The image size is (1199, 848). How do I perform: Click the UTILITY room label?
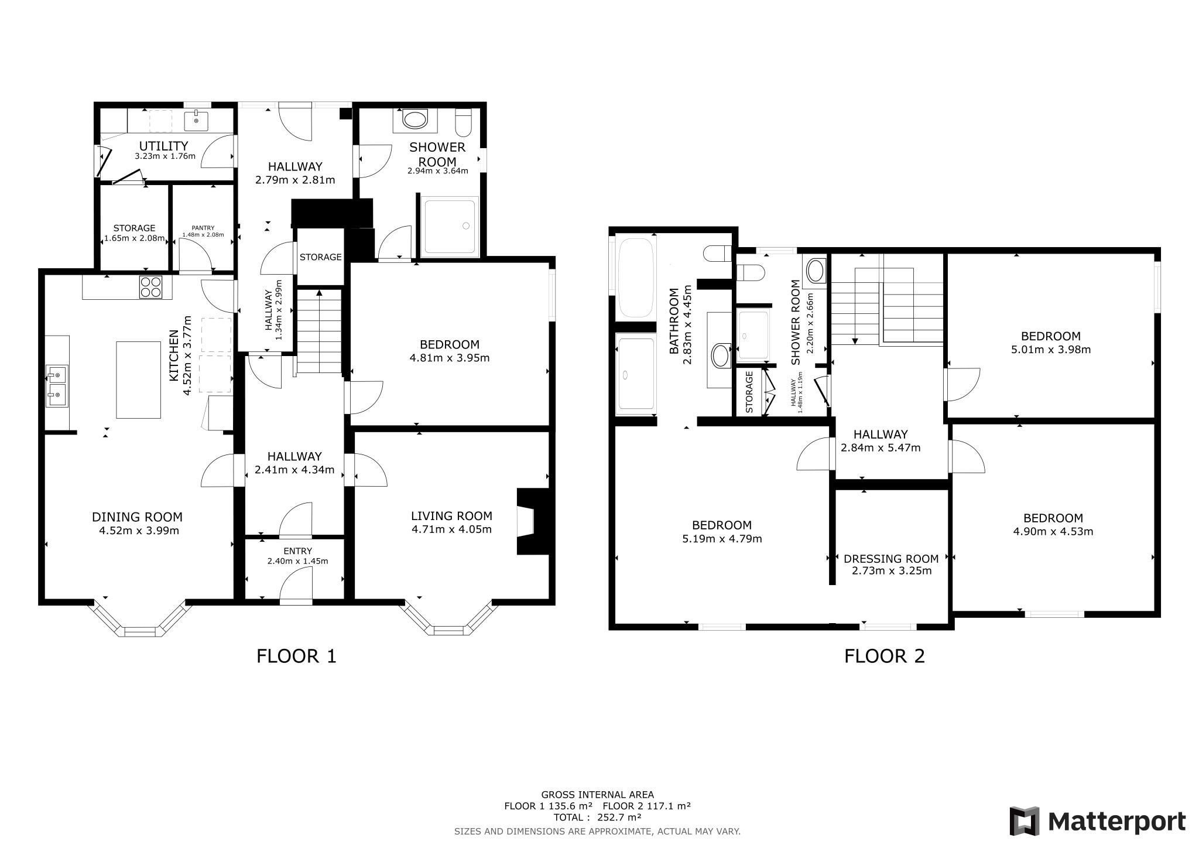[163, 146]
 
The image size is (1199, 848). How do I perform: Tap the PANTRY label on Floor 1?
[203, 228]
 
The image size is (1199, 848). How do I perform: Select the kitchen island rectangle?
[138, 379]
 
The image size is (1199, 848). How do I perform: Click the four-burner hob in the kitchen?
[150, 287]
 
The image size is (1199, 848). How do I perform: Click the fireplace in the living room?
[533, 521]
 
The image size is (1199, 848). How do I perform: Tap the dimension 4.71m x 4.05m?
[451, 529]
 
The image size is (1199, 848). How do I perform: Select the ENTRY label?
[297, 551]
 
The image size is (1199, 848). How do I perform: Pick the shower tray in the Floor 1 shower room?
[450, 227]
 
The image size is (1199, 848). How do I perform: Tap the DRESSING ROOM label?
[891, 559]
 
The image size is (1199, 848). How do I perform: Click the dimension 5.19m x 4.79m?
[722, 539]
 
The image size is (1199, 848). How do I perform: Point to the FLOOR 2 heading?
[884, 656]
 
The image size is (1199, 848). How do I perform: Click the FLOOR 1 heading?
[296, 656]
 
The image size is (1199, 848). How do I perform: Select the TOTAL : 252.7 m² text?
[597, 817]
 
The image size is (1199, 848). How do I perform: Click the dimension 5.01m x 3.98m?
[1050, 350]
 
